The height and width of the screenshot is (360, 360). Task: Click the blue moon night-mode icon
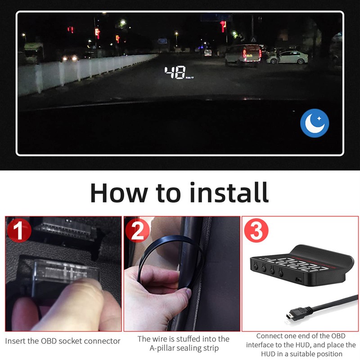[315, 123]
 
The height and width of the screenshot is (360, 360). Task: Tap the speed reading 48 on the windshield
[175, 72]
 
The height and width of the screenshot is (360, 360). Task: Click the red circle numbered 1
[18, 230]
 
